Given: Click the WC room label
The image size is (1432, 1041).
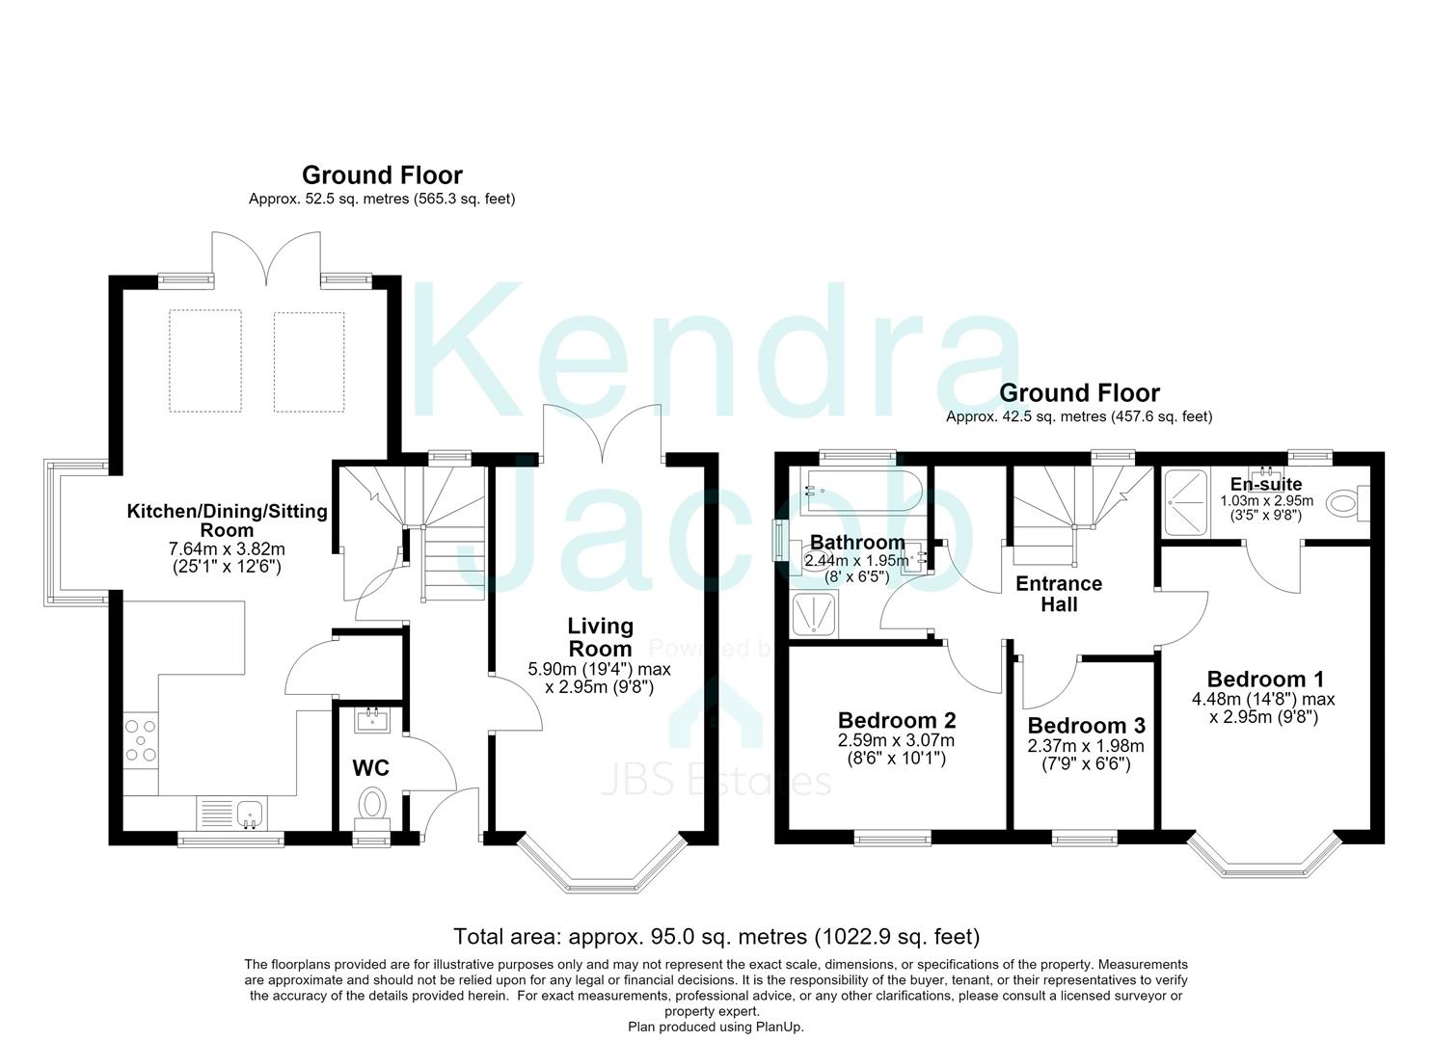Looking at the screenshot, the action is coord(371,767).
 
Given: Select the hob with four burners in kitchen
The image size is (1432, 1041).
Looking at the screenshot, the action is coord(141,740).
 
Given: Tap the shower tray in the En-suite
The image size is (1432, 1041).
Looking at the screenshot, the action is coord(1186,502).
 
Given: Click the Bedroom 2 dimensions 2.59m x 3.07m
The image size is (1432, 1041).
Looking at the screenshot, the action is coord(896,740).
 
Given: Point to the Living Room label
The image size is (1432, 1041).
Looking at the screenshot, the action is coord(601,637).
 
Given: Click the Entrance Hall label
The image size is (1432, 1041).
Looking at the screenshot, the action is coord(1059,594).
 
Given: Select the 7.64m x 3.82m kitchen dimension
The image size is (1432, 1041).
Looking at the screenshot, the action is coord(227,549).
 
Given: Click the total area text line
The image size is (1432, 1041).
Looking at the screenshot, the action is coord(716,937).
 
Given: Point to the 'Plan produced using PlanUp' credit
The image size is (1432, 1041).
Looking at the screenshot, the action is coord(716,1027).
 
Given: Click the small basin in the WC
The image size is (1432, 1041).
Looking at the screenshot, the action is coord(372,720).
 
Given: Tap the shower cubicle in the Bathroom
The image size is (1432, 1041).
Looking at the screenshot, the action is coord(815,615).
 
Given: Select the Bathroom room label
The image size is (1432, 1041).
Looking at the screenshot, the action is coord(857,542).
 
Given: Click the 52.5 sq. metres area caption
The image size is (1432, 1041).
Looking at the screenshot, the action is coord(382,199).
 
